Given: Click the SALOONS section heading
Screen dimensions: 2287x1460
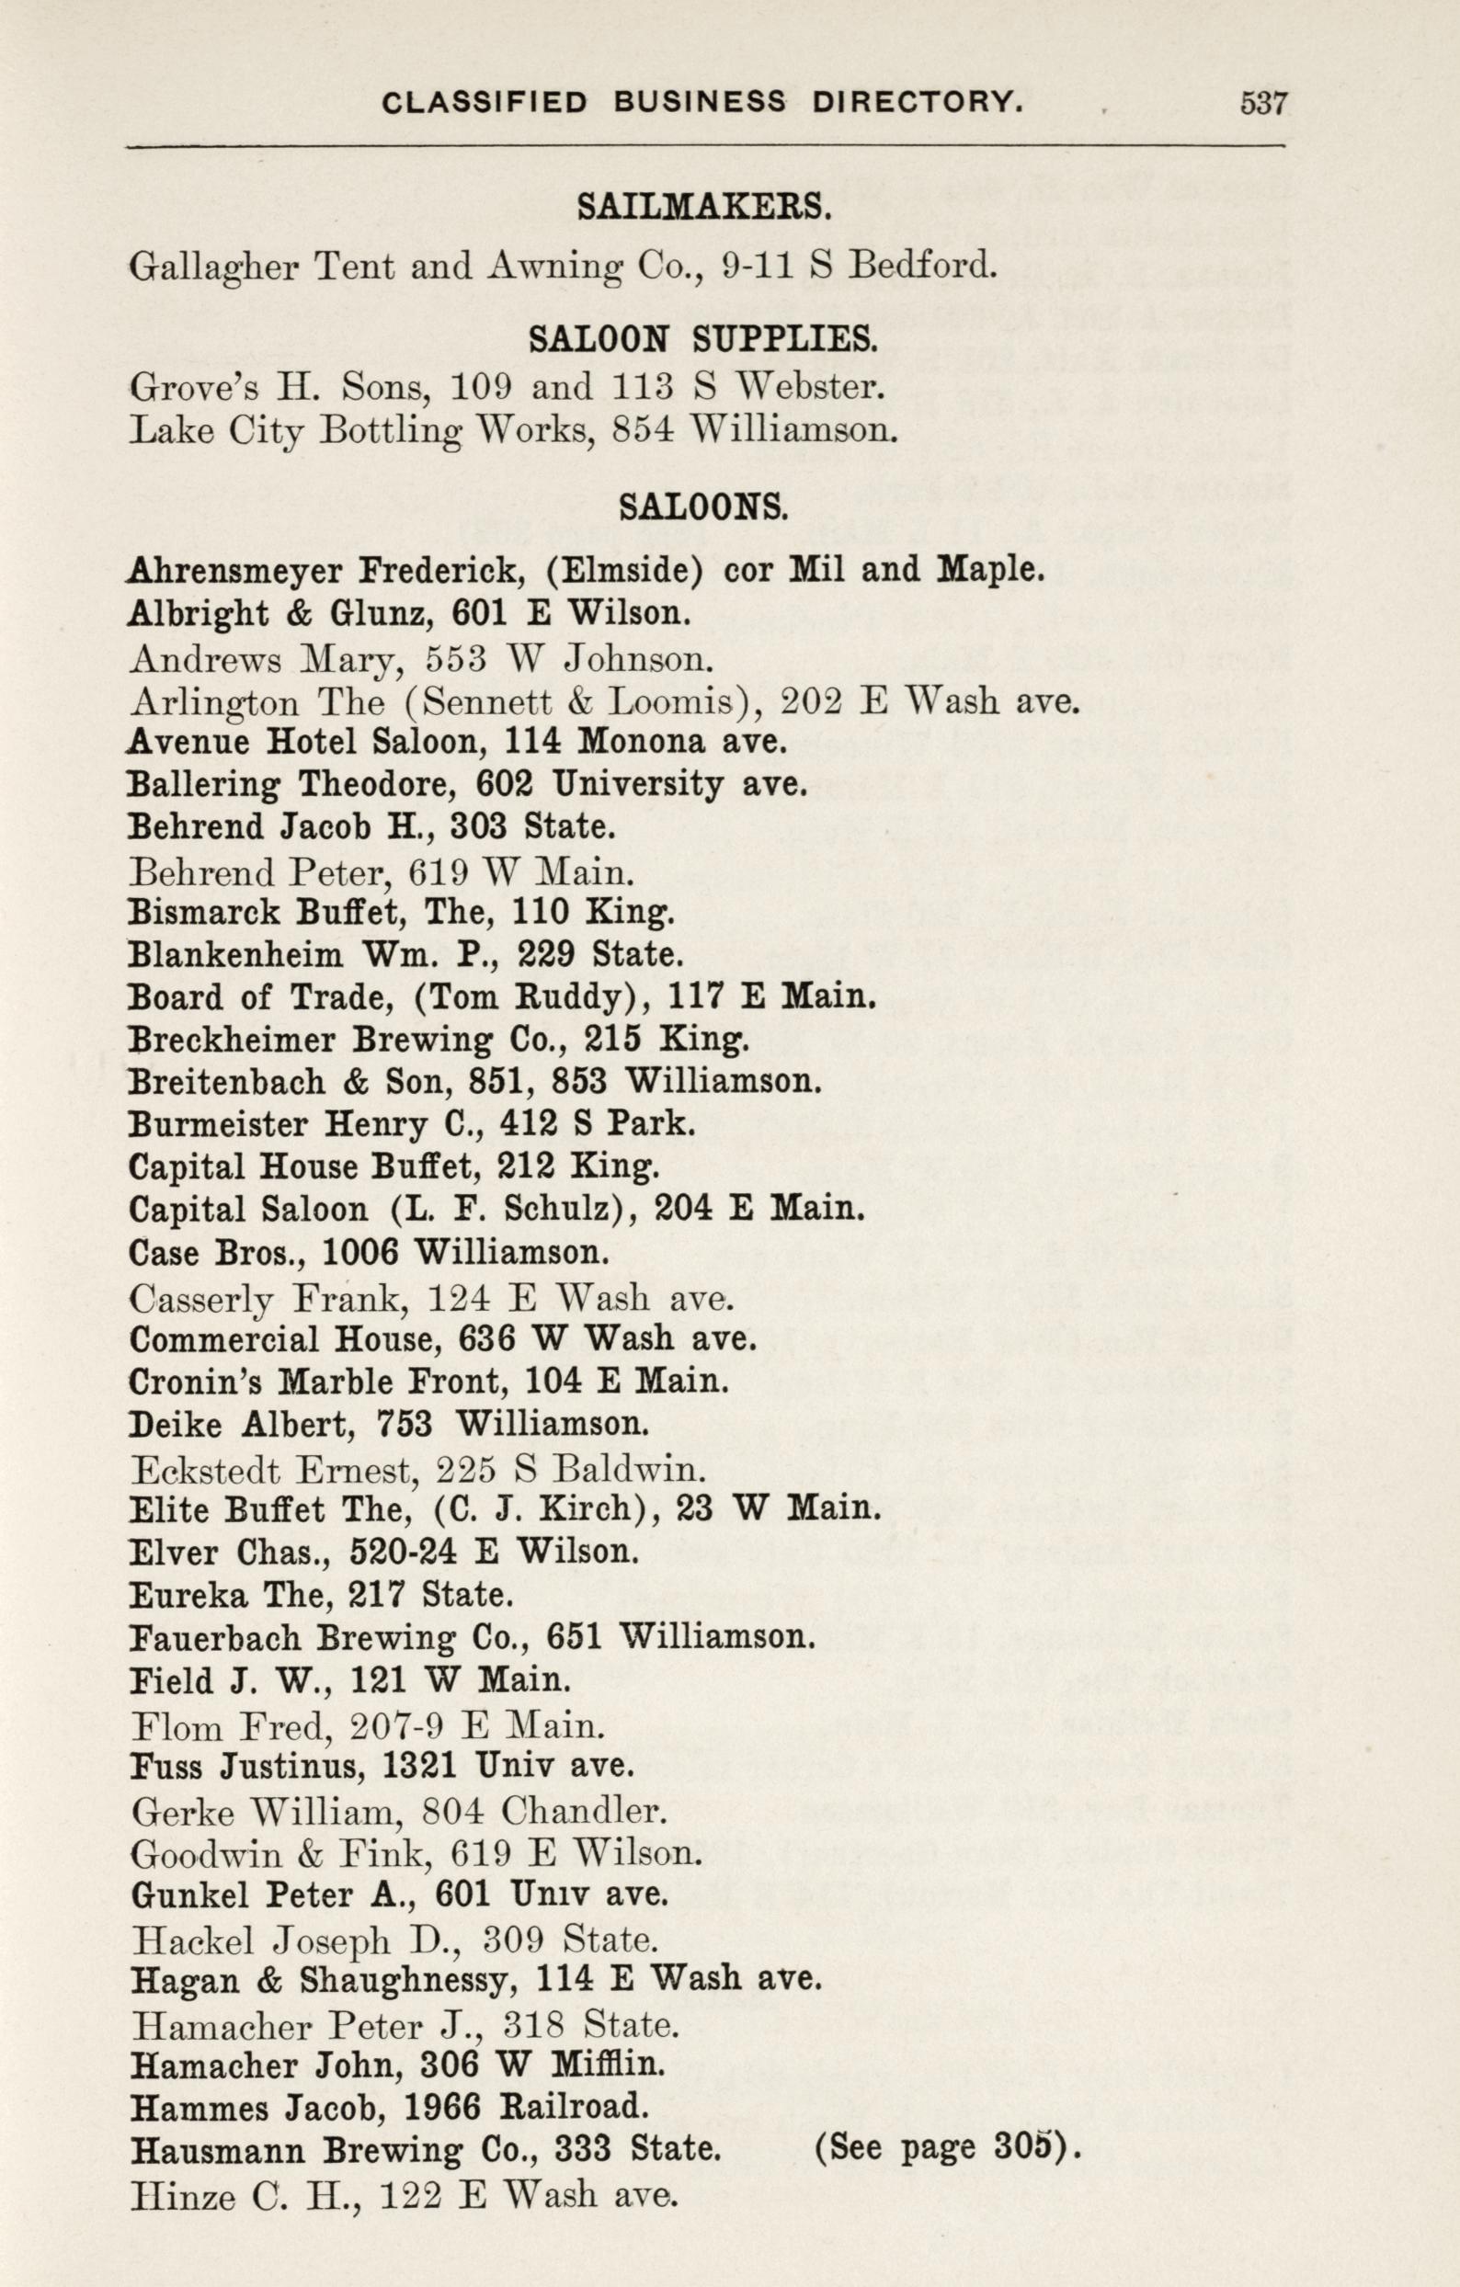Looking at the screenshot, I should tap(703, 508).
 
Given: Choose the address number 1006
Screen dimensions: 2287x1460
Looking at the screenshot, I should tap(361, 1253).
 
